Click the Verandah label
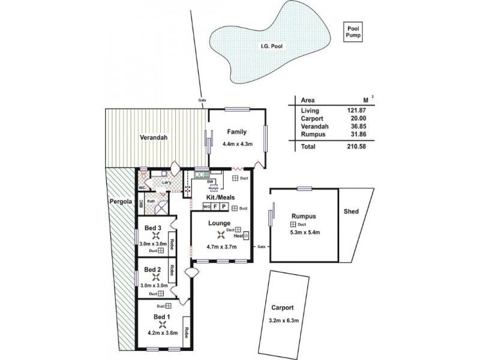pyautogui.click(x=154, y=137)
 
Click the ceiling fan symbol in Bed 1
pyautogui.click(x=161, y=326)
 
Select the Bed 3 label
pyautogui.click(x=153, y=228)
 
